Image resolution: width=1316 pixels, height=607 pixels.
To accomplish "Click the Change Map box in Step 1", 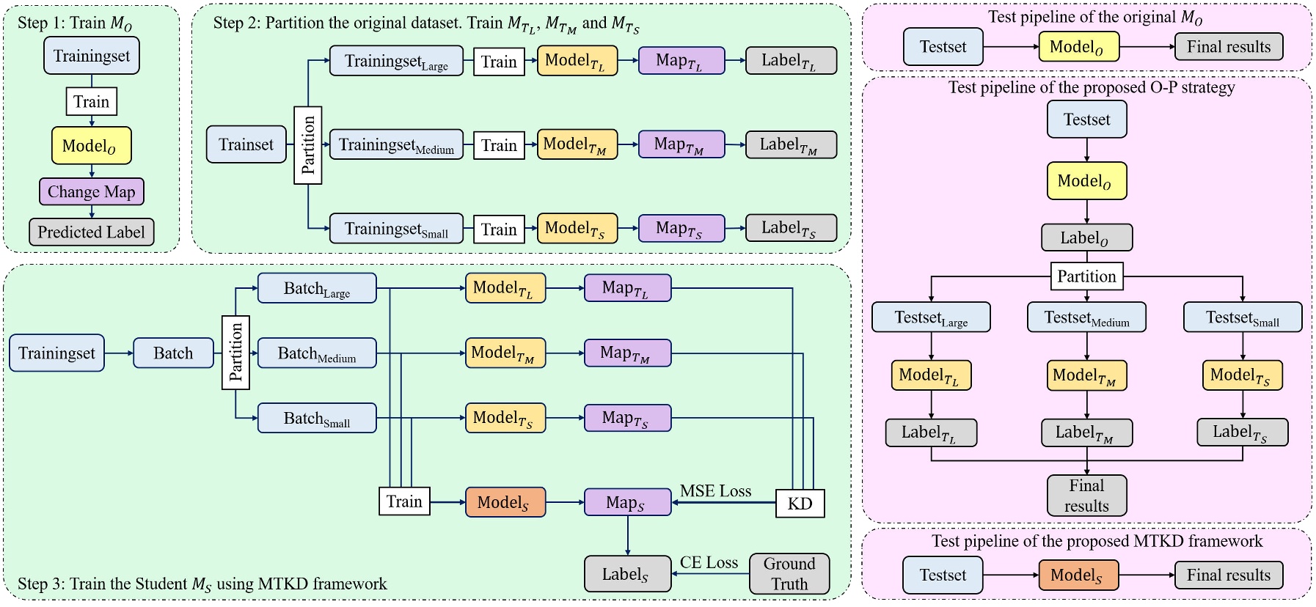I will point(92,192).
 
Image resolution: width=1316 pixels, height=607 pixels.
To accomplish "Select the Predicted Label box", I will point(92,232).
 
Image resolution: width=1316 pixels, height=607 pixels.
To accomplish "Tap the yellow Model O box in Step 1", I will point(91,145).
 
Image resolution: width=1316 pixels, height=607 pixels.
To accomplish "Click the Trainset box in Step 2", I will point(246,144).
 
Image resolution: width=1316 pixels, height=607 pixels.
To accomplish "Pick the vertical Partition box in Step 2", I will point(308,144).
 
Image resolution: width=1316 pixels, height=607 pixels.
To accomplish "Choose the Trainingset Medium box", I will point(396,145).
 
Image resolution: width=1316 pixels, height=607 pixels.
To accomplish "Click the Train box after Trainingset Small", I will point(499,229).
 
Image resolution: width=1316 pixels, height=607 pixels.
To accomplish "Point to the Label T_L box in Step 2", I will point(791,61).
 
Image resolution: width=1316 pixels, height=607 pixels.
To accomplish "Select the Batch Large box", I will point(317,288).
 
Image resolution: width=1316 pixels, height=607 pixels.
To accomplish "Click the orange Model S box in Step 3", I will point(505,502).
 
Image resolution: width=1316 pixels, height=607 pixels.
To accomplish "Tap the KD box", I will point(800,504).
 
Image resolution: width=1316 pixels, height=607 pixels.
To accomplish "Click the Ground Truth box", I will point(789,573).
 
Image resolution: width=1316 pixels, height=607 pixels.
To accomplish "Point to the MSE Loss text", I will point(715,491).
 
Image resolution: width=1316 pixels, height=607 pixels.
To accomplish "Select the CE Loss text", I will point(709,562).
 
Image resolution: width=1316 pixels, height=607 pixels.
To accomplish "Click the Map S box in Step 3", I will point(627,502).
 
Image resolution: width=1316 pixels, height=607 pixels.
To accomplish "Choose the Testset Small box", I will point(1242,317).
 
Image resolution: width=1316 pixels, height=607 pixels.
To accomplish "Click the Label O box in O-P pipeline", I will point(1086,238).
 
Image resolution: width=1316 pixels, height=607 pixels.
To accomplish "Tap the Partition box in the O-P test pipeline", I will point(1086,276).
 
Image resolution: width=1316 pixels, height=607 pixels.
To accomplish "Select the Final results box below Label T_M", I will point(1086,496).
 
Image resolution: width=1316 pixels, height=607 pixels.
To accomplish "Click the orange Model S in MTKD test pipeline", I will point(1078,575).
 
